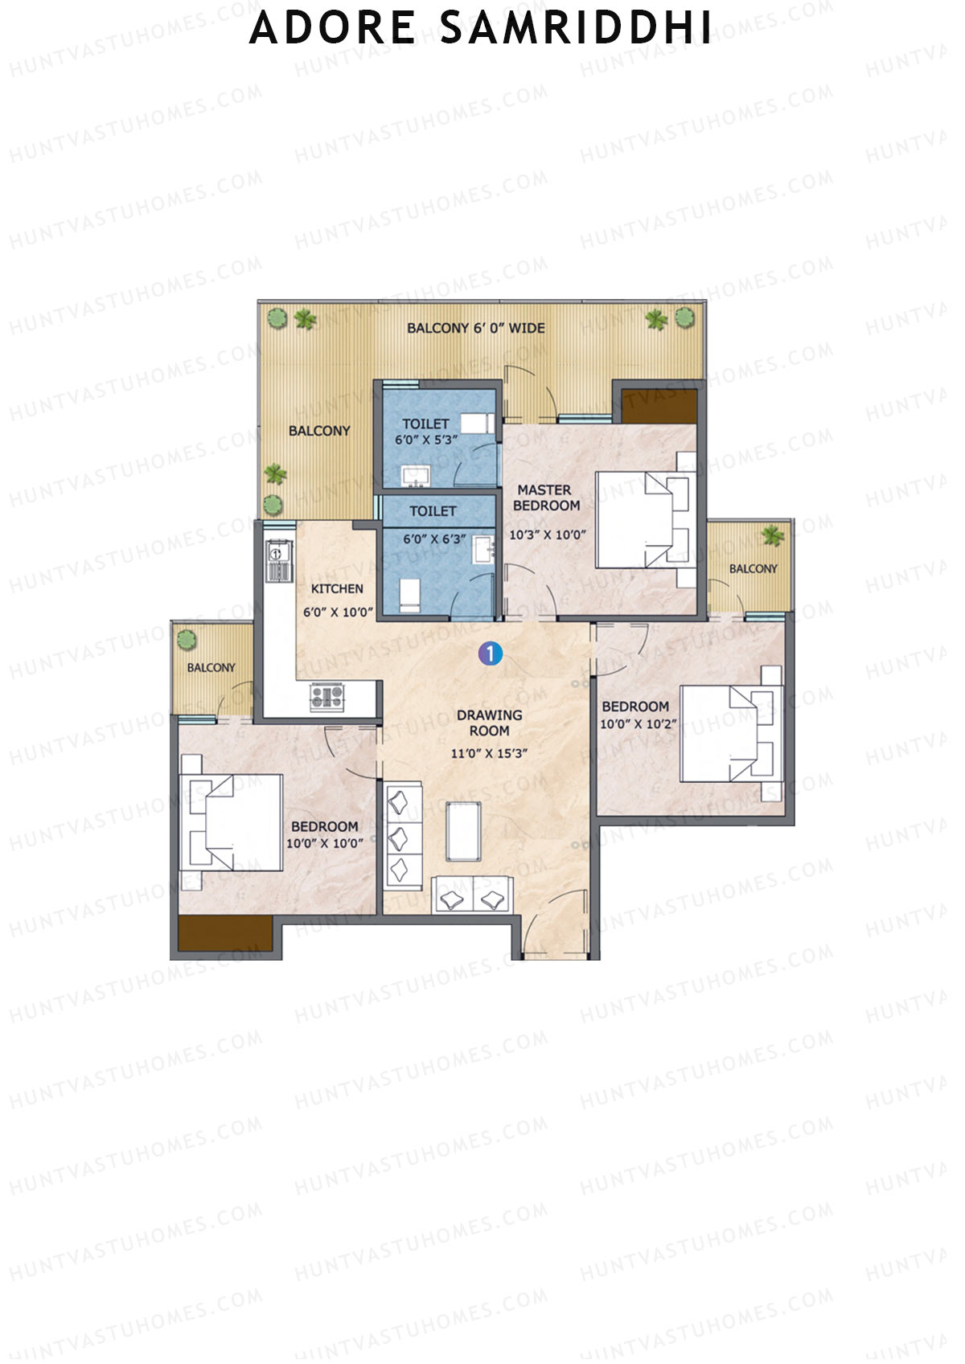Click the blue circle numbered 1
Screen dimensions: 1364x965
[x=490, y=654]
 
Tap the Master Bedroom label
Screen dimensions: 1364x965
[x=546, y=498]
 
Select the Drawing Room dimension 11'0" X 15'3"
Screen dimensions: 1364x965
[x=489, y=753]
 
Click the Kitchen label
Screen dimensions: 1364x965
[x=337, y=588]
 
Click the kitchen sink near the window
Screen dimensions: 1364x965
[x=278, y=562]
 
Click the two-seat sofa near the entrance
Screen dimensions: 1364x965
[x=472, y=897]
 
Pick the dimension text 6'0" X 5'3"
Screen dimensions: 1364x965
[x=425, y=440]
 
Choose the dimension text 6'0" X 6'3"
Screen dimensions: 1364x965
[x=433, y=539]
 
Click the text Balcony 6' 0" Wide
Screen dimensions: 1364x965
[x=475, y=328]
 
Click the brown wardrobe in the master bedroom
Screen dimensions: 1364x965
[x=659, y=407]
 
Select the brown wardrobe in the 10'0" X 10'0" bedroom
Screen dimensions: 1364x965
[x=225, y=933]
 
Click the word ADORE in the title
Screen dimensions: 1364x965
[x=332, y=28]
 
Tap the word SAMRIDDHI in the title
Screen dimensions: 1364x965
[x=576, y=28]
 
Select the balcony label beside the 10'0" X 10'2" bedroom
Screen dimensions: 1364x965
[x=753, y=568]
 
